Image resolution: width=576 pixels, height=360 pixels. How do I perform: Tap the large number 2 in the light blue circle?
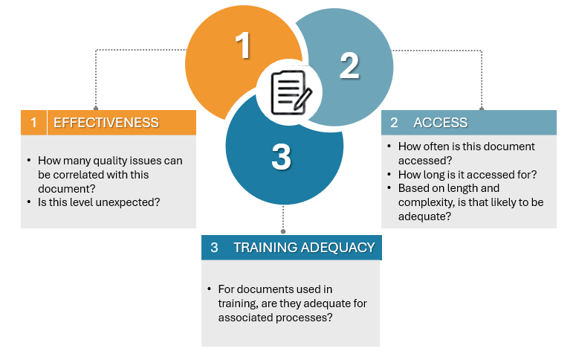pos(349,66)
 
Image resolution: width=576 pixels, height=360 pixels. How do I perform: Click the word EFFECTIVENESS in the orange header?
pos(106,123)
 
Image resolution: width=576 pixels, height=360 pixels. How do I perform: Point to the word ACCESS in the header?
pos(440,123)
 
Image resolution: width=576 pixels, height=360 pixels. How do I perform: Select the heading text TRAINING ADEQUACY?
pos(304,248)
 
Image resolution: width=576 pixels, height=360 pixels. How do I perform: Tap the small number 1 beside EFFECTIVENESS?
pos(33,123)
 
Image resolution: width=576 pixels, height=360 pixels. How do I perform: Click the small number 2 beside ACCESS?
pos(394,123)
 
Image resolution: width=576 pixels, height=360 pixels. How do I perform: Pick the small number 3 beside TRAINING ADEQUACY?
pos(214,248)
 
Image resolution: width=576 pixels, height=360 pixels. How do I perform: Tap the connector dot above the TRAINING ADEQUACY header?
pos(283,231)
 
